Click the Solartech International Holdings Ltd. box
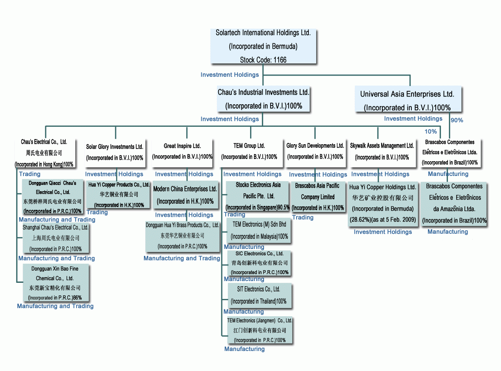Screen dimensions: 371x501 pos(263,46)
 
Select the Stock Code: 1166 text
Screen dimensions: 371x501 pos(263,60)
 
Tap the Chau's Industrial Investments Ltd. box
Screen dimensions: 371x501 pos(264,99)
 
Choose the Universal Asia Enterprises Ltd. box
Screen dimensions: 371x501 pos(407,100)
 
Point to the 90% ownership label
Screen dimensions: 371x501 pos(457,120)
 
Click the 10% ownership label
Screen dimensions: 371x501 pos(431,132)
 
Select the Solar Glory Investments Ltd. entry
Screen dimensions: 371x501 pos(115,152)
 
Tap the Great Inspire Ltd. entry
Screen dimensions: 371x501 pos(182,151)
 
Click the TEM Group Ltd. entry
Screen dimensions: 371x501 pos(249,151)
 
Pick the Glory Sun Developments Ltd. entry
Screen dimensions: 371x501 pos(315,151)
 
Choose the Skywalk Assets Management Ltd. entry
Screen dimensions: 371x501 pos(382,151)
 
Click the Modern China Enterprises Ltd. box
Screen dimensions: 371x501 pos(185,195)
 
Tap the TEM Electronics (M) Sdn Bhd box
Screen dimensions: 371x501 pos(259,231)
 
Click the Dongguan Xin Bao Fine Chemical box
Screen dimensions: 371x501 pos(55,283)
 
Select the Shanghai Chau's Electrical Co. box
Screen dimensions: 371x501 pos(56,238)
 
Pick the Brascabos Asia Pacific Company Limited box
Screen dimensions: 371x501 pos(317,196)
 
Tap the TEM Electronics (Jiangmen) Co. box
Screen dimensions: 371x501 pos(260,330)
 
